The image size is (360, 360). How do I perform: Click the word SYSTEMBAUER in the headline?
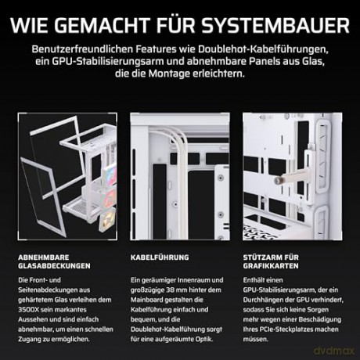click(x=275, y=25)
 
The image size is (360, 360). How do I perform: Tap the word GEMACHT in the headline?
click(x=102, y=25)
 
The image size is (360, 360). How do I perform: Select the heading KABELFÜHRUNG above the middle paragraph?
click(x=160, y=257)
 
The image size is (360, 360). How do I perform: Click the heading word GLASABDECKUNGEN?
click(x=54, y=266)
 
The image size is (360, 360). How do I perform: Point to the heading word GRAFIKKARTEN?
click(x=271, y=266)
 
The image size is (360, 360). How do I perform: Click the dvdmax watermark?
click(x=334, y=351)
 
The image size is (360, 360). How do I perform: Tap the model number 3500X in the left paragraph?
click(x=27, y=310)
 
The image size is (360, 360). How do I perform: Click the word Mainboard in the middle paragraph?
click(x=146, y=300)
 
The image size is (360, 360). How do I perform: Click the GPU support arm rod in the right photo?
click(x=290, y=178)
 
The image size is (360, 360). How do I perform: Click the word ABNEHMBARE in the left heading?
click(x=44, y=257)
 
